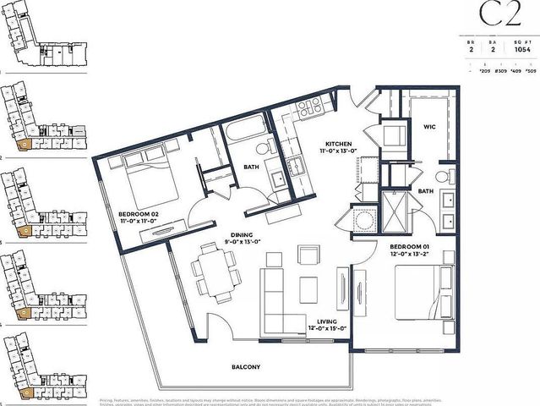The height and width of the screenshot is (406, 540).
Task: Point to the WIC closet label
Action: pyautogui.click(x=429, y=127)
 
